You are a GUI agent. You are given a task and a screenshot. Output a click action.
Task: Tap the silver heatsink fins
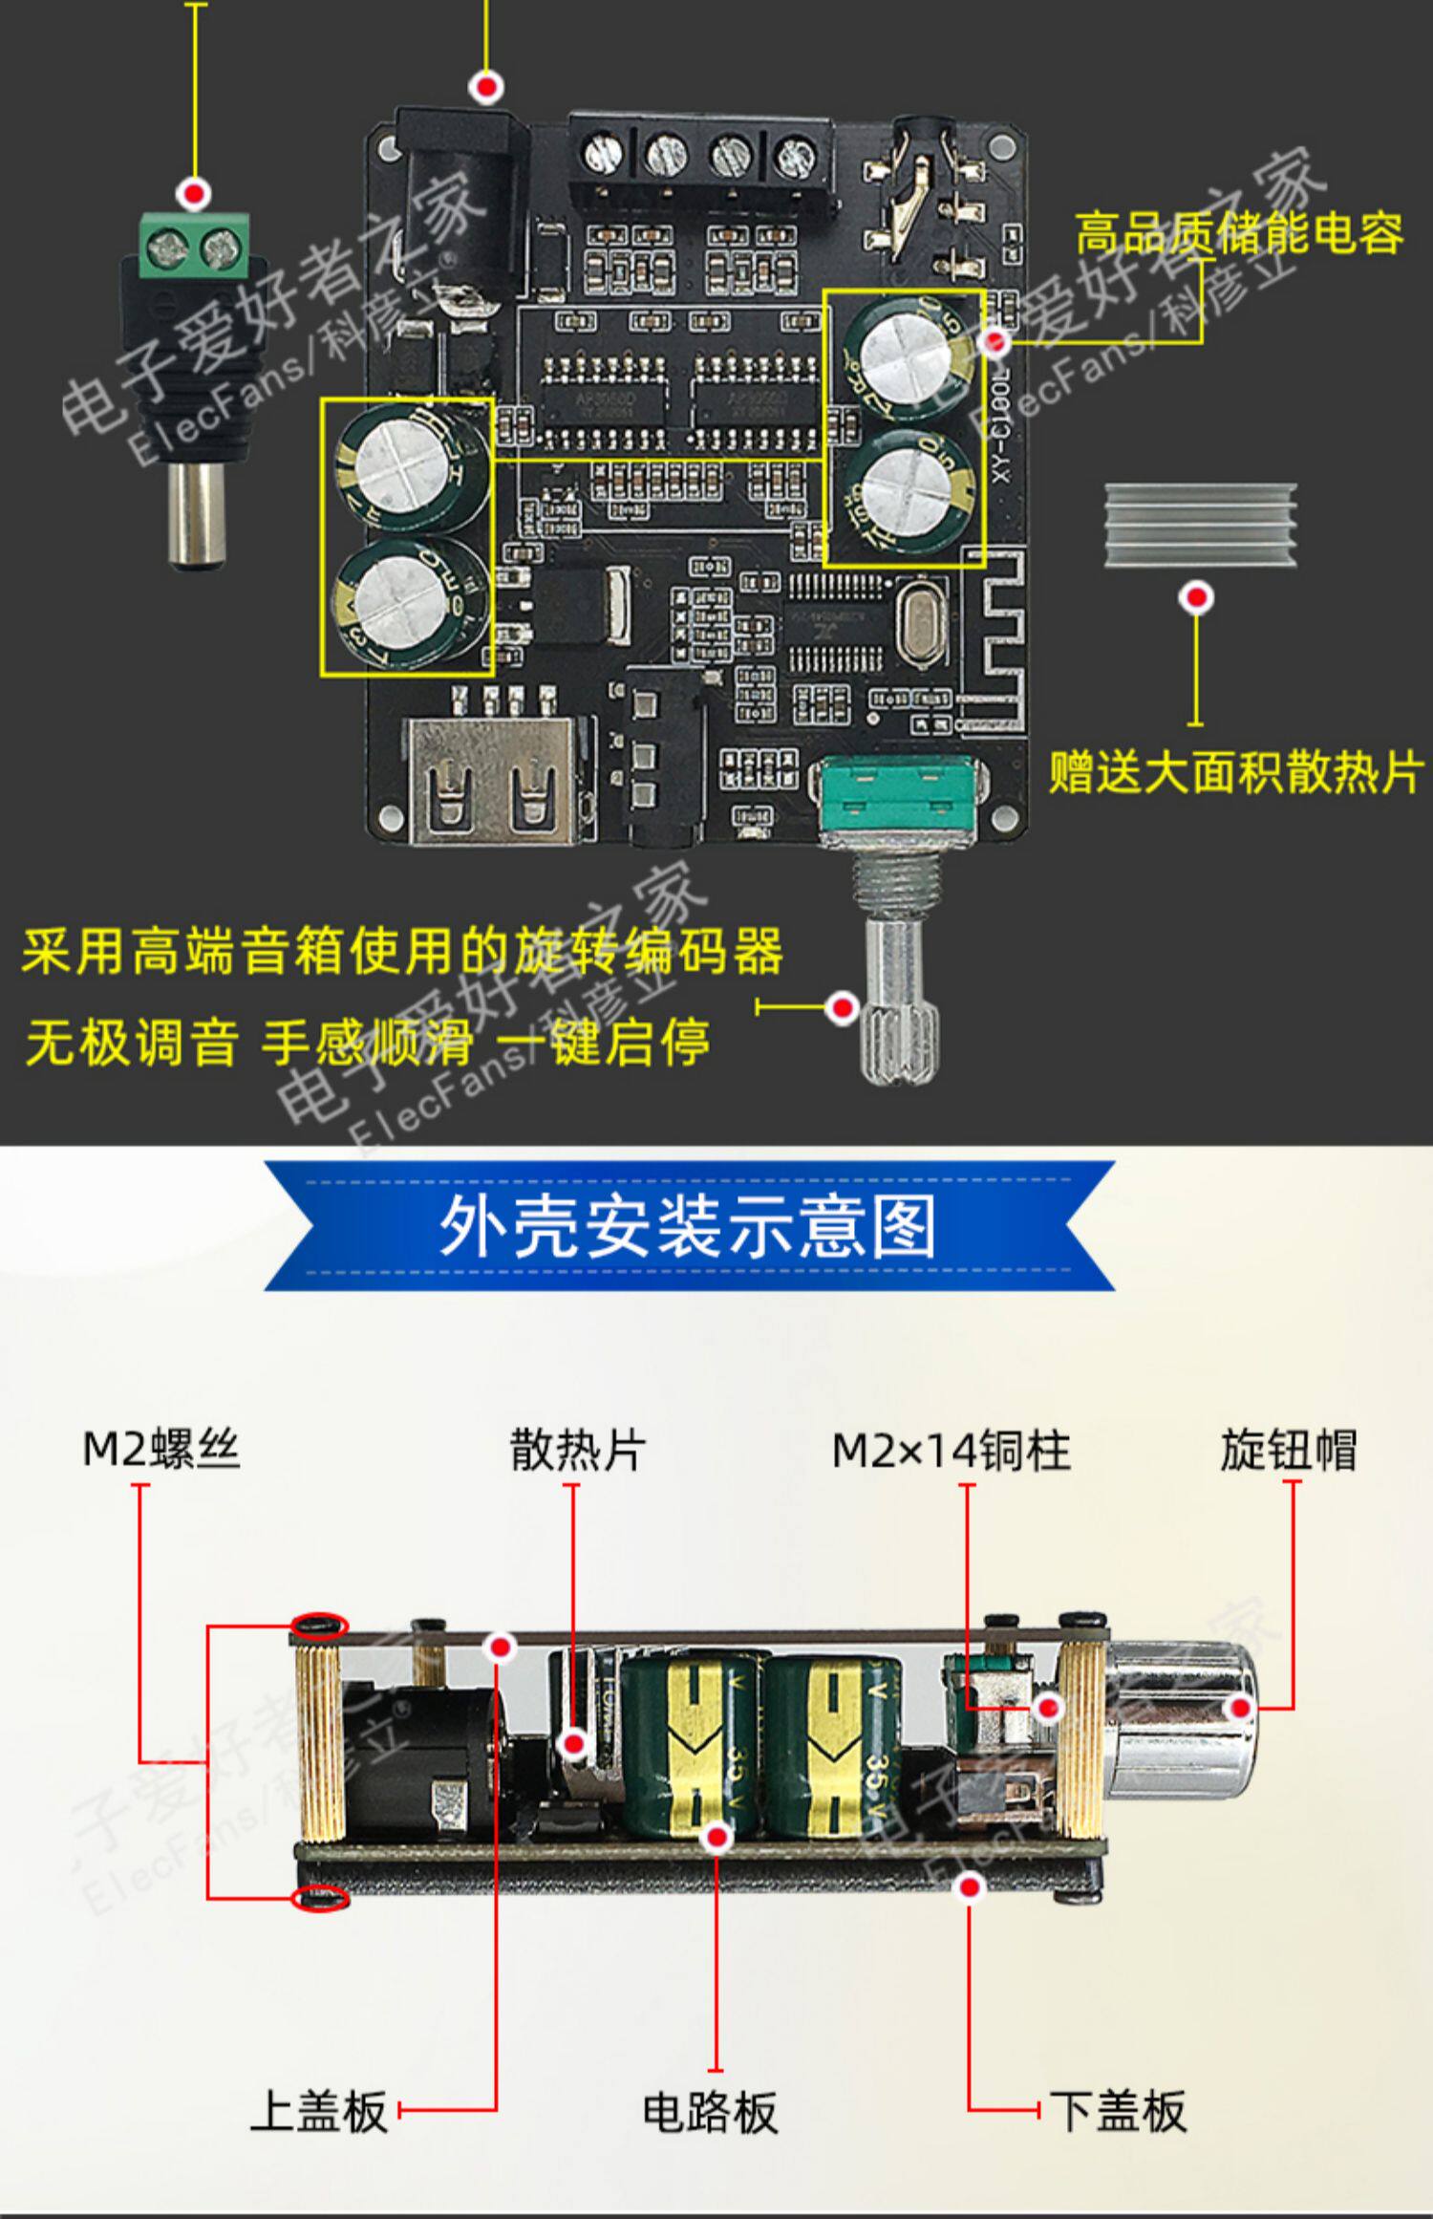(1200, 525)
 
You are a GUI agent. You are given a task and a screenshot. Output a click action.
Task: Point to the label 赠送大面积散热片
(1236, 772)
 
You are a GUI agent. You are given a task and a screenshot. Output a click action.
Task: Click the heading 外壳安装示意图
(688, 1227)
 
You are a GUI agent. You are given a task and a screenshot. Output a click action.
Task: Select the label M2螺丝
(160, 1450)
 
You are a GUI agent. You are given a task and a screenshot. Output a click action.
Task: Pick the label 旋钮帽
(1288, 1450)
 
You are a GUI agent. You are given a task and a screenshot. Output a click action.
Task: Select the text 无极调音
(132, 1043)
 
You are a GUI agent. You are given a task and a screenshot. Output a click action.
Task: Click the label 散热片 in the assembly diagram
(577, 1450)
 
